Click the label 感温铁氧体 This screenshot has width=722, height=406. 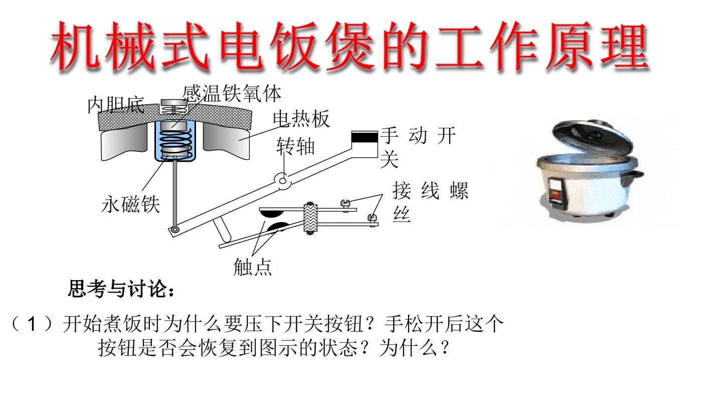(x=232, y=94)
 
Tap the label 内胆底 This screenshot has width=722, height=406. (x=116, y=105)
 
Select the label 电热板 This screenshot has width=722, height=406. (x=301, y=119)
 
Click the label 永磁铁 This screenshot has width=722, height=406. (x=130, y=205)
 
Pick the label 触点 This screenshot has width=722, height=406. (x=253, y=267)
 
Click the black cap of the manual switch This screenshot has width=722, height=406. (x=365, y=137)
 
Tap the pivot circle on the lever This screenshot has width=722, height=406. (x=283, y=181)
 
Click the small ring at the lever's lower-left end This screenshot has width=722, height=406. (x=175, y=230)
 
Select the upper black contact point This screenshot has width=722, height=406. (x=272, y=214)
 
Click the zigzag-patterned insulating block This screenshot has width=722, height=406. (x=310, y=218)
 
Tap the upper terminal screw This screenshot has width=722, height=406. (x=345, y=205)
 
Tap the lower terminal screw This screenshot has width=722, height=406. (x=373, y=219)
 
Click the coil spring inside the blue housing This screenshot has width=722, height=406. (x=175, y=141)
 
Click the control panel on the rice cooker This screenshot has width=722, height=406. (x=557, y=191)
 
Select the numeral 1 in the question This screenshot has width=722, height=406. (x=31, y=324)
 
